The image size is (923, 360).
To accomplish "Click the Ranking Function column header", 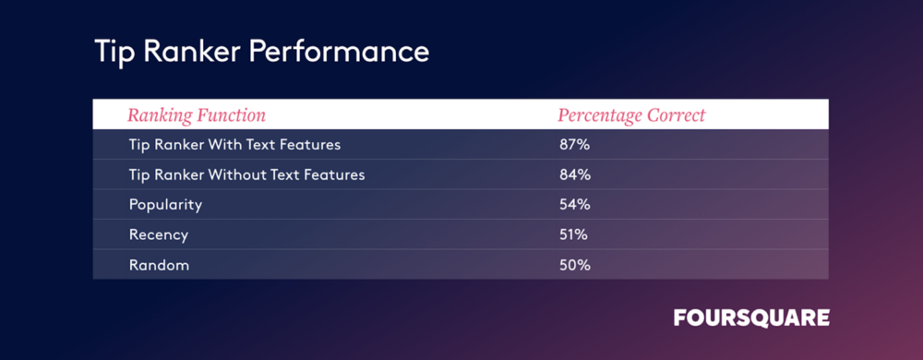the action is click(x=197, y=115).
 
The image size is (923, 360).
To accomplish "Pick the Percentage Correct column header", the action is click(x=631, y=115).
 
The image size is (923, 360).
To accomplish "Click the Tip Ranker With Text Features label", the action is click(x=234, y=145).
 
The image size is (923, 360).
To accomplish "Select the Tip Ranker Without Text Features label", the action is click(x=246, y=174).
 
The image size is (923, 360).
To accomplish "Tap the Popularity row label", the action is click(x=165, y=205).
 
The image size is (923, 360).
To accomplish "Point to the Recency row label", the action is click(x=159, y=235).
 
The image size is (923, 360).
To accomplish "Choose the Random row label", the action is click(x=159, y=265).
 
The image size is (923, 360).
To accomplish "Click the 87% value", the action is click(x=574, y=145).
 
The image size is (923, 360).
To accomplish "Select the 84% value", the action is click(x=575, y=174).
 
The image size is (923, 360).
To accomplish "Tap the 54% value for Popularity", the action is click(x=575, y=205).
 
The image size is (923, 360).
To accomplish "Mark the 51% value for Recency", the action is click(x=574, y=235).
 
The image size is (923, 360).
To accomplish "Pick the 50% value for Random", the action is click(x=574, y=265).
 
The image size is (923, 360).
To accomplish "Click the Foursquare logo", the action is click(x=751, y=318).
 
